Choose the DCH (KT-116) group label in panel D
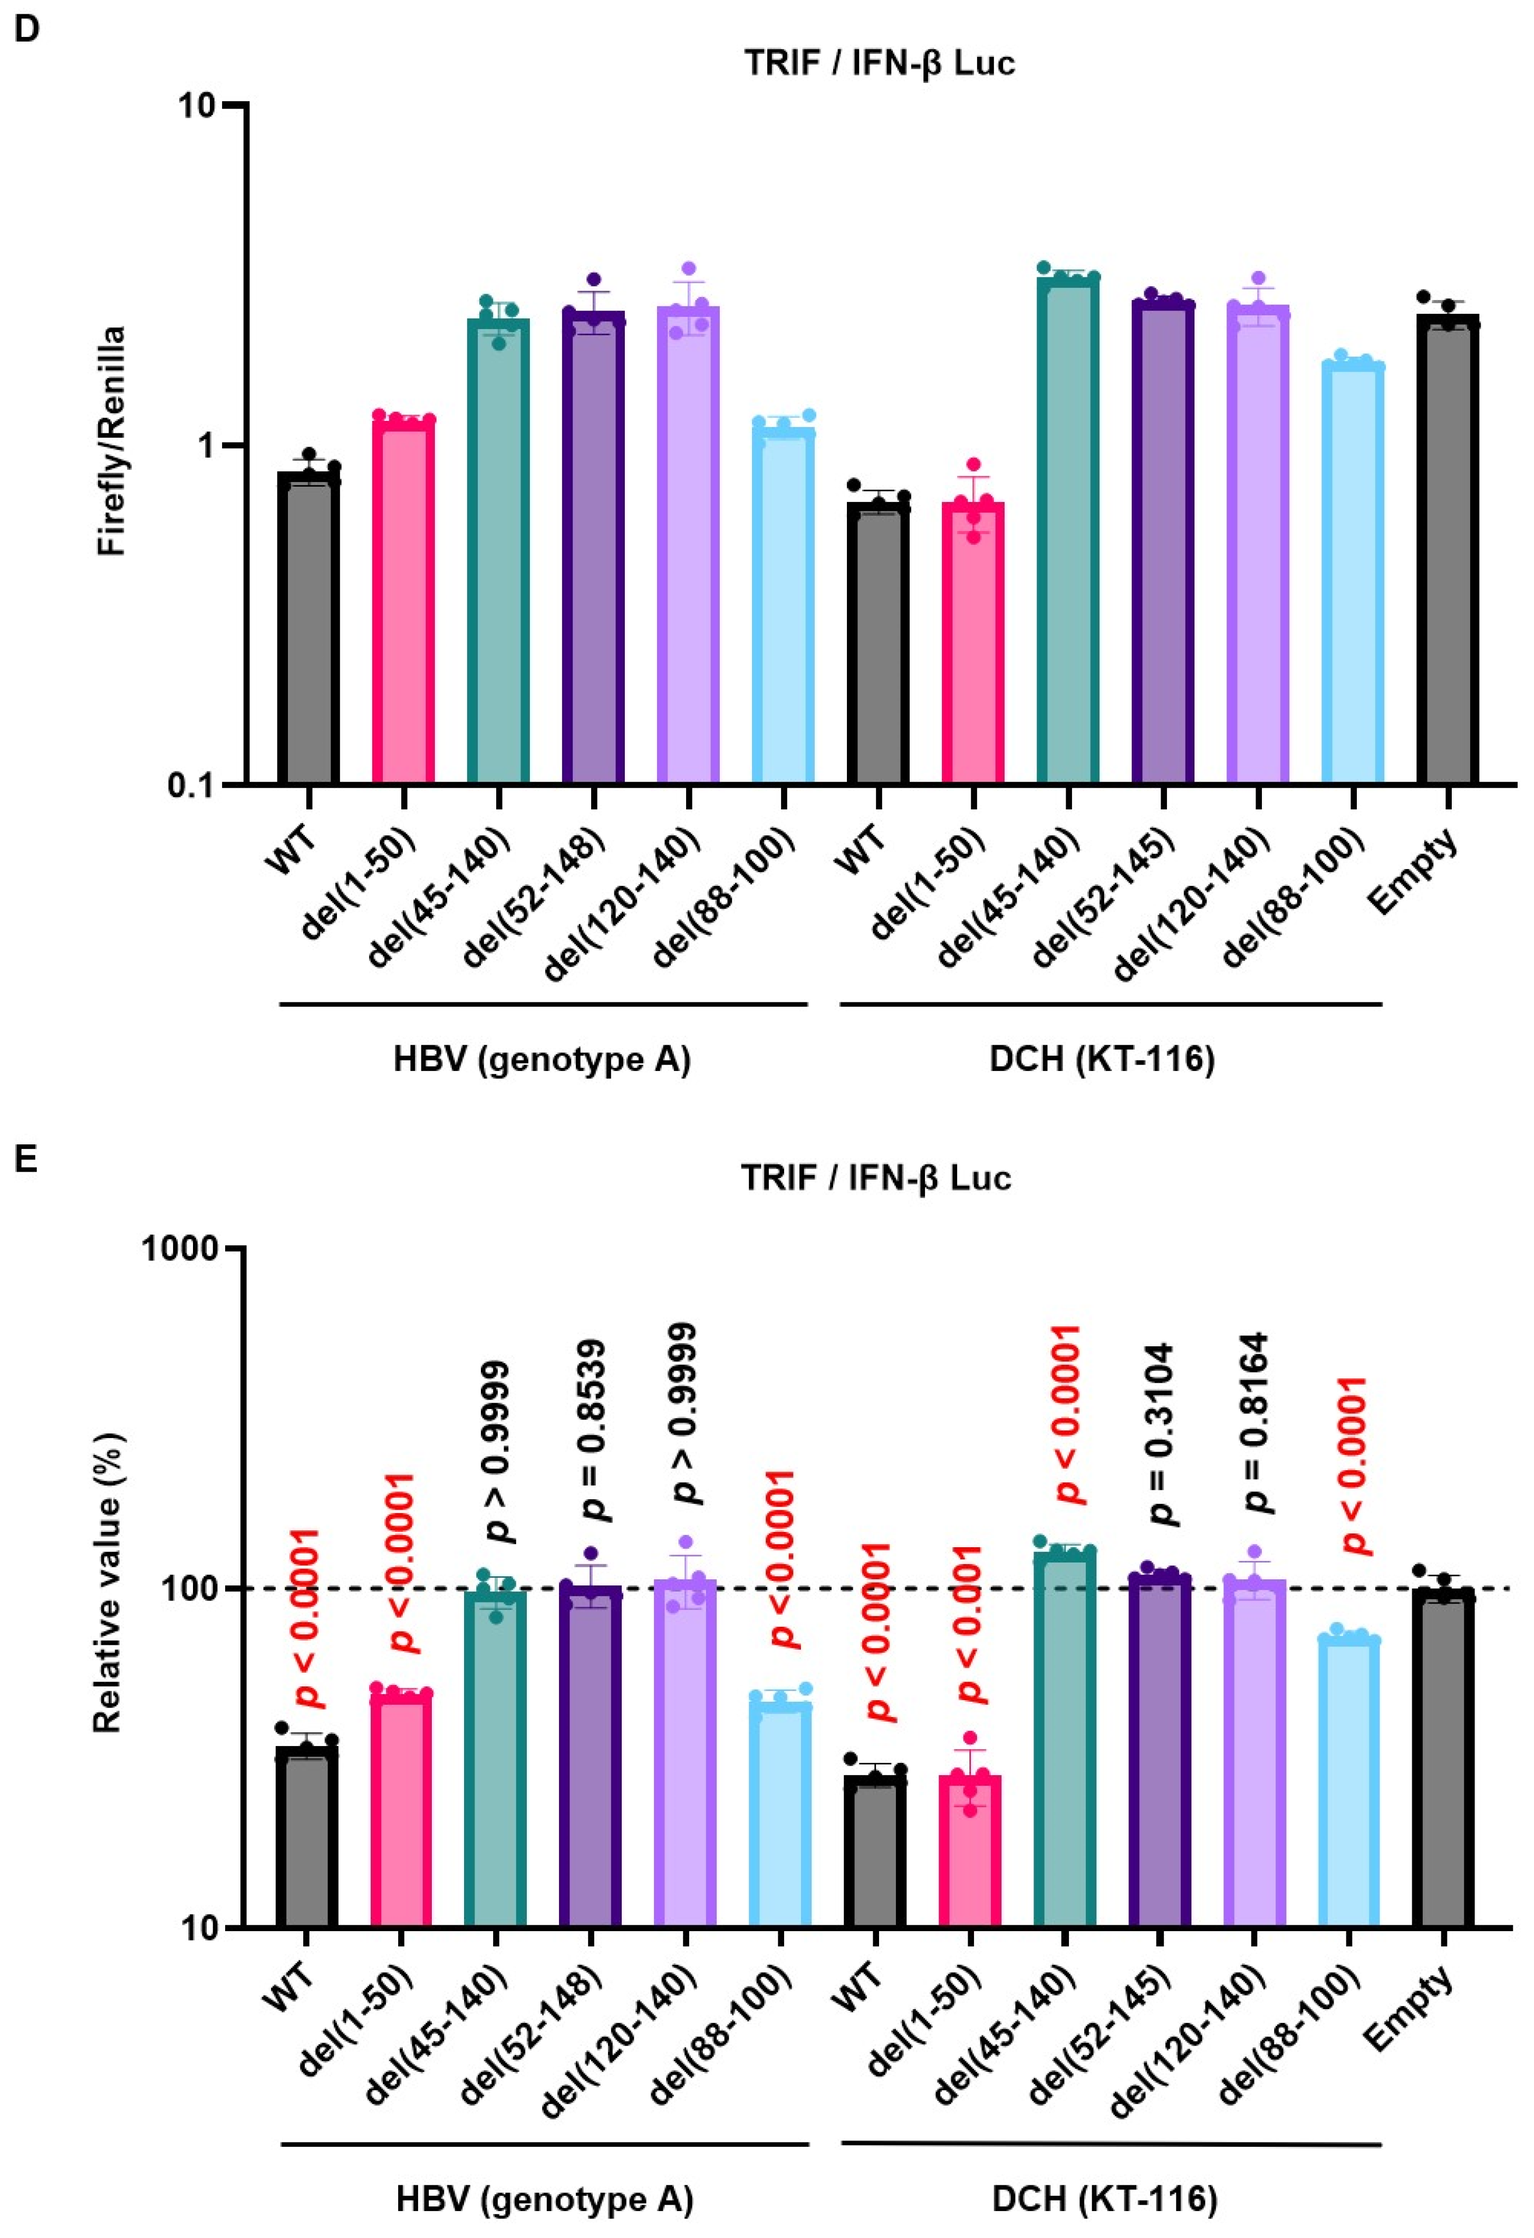tap(1102, 1059)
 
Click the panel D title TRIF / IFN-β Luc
tap(878, 64)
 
